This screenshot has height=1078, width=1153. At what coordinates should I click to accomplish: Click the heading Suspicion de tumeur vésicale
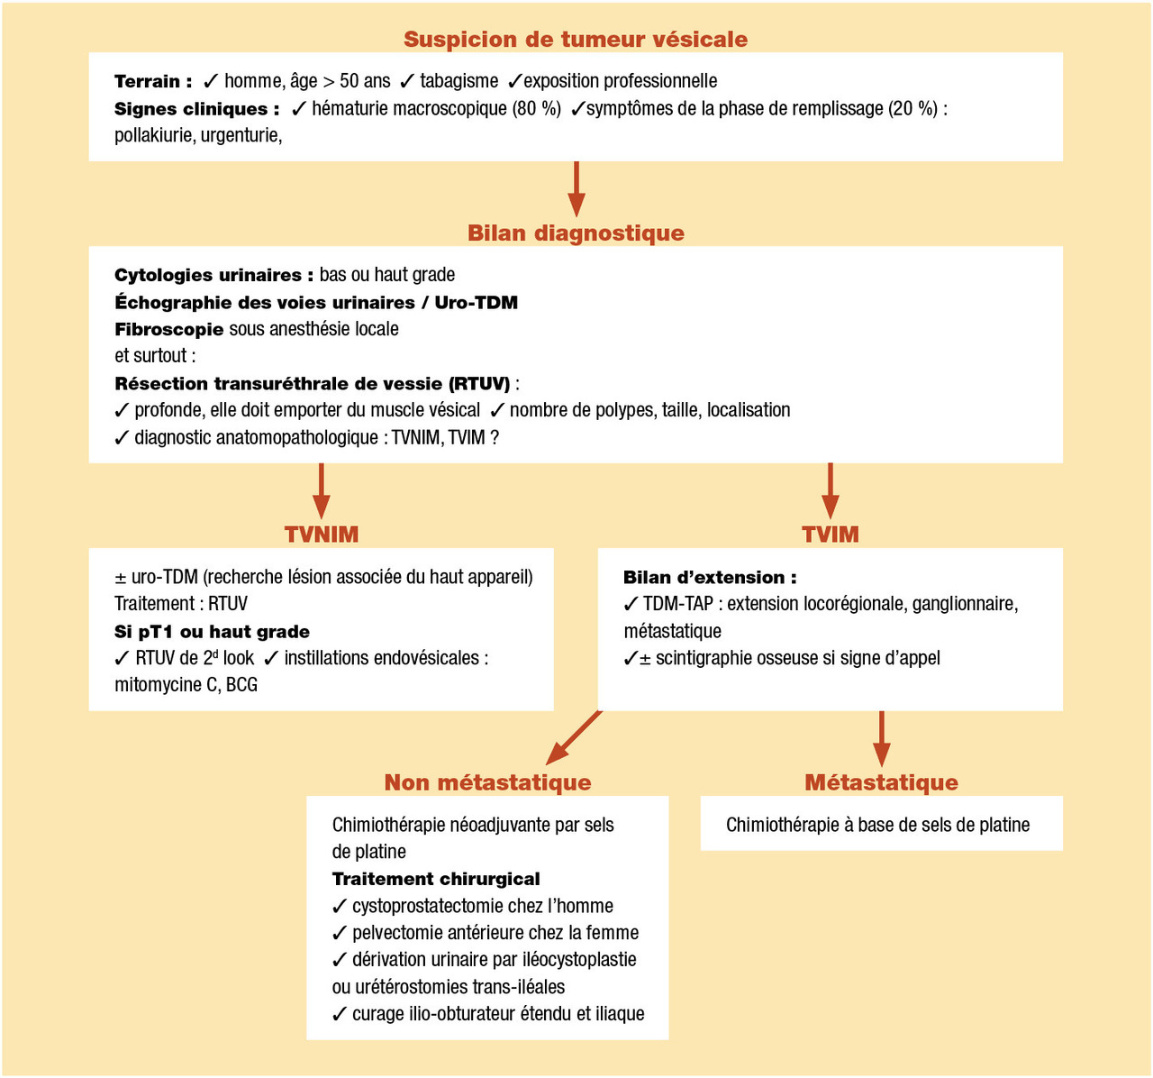click(x=576, y=40)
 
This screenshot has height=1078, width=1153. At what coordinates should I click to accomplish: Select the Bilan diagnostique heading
click(x=576, y=233)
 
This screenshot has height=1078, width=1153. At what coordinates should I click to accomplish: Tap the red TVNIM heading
click(x=322, y=534)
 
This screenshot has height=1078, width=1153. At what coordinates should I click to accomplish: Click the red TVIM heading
click(x=831, y=534)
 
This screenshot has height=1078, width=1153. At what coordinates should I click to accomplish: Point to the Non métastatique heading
click(x=487, y=782)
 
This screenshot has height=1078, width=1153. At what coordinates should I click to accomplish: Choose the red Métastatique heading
click(x=881, y=782)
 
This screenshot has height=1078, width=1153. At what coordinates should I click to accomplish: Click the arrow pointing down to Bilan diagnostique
click(x=576, y=190)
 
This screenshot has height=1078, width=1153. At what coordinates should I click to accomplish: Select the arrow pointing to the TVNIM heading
click(x=322, y=491)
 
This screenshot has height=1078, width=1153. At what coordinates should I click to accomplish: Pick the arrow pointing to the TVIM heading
click(x=831, y=491)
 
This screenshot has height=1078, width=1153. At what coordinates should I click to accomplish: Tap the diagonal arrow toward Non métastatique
click(x=575, y=737)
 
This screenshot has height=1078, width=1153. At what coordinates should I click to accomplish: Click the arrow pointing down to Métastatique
click(x=882, y=739)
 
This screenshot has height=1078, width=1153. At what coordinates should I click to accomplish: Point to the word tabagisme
click(x=458, y=81)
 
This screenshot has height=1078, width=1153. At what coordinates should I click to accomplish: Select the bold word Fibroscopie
click(x=168, y=330)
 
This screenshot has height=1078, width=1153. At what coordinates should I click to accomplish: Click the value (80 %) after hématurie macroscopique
click(x=537, y=109)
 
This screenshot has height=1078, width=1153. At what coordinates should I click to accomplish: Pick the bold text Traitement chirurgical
click(x=436, y=879)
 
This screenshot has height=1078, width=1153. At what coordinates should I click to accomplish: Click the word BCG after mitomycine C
click(x=241, y=685)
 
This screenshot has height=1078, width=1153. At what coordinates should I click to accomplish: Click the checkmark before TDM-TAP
click(x=631, y=604)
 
